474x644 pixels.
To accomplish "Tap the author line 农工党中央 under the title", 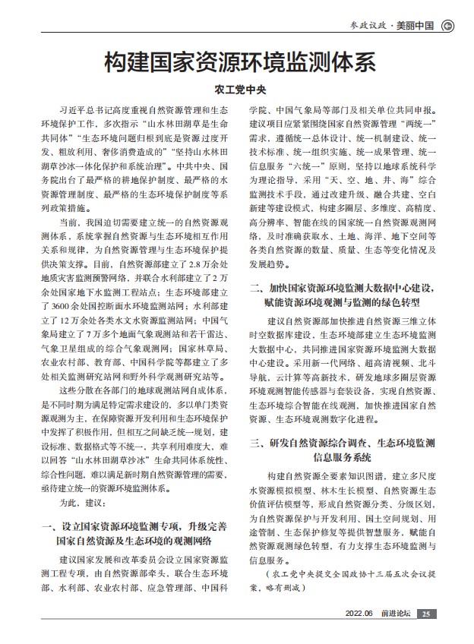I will tap(239, 89).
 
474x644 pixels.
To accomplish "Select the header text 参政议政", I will tap(370, 25).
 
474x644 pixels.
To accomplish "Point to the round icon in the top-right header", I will tap(447, 25).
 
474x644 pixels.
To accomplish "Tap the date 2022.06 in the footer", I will tap(359, 614).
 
